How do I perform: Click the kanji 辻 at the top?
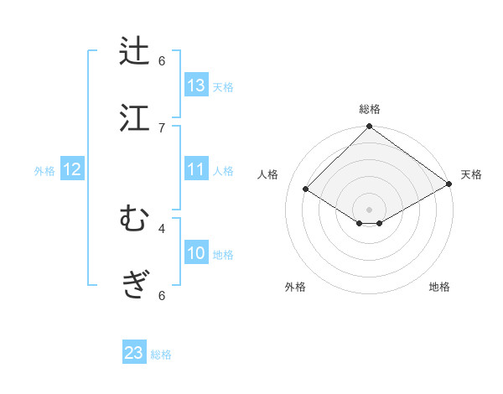tap(135, 51)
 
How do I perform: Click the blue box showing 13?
tap(196, 86)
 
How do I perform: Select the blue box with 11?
tap(196, 169)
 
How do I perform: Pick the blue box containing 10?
tap(196, 253)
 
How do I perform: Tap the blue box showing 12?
tap(72, 169)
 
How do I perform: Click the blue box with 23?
tap(134, 353)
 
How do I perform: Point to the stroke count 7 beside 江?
tap(162, 127)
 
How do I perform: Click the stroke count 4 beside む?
tap(162, 227)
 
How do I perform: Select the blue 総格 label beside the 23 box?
tap(161, 355)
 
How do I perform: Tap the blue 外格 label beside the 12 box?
tap(44, 171)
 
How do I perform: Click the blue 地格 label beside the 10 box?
tap(223, 255)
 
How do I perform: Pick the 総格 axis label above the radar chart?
tap(370, 109)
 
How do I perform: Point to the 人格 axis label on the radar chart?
tap(268, 174)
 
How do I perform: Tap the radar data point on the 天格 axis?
tap(450, 184)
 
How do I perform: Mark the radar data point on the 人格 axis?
tap(306, 189)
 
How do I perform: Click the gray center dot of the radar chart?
tap(370, 209)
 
